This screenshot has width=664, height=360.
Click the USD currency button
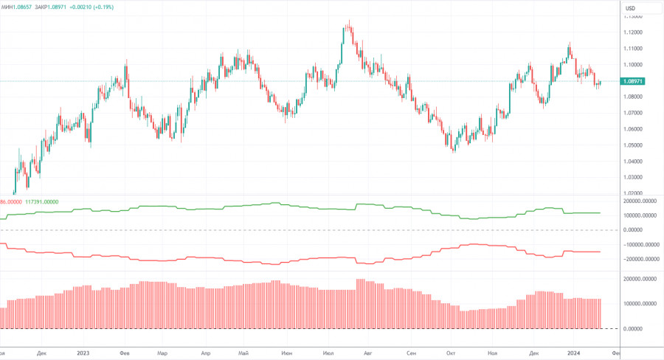pos(630,8)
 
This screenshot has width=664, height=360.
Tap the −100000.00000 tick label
pos(637,244)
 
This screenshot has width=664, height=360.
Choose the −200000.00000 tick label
pos(637,259)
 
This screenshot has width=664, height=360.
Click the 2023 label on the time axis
pos(83,353)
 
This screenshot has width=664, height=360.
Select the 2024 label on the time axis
pos(574,353)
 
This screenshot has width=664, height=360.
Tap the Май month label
pos(243,353)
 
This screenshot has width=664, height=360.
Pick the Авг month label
pos(368,353)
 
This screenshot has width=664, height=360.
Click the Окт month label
pos(449,353)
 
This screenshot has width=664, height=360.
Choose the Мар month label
pos(162,353)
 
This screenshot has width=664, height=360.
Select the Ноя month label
pos(493,353)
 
